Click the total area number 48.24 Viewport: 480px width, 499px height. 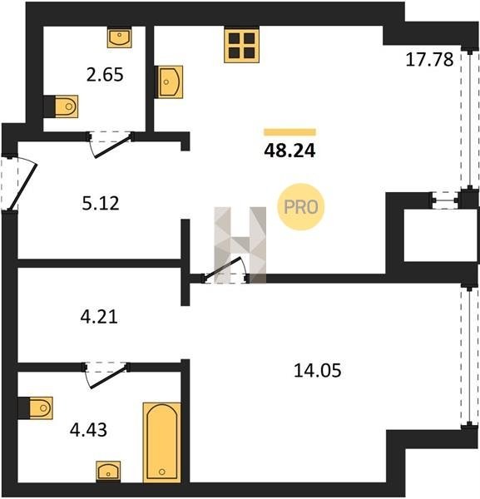click(289, 151)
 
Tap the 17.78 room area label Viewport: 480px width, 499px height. click(429, 60)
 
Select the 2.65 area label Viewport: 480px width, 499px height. click(105, 75)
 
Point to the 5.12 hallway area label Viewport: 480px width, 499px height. click(101, 204)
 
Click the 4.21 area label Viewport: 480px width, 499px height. click(99, 317)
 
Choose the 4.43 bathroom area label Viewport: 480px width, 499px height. click(88, 430)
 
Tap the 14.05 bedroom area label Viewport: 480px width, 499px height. click(317, 371)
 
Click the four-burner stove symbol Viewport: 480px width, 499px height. click(241, 45)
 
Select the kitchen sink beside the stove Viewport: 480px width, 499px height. click(169, 82)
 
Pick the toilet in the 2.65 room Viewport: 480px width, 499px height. click(61, 106)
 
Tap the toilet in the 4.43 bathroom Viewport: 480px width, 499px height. click(35, 408)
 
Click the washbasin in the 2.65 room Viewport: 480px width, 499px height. click(119, 37)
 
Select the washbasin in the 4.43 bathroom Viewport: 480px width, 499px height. click(108, 472)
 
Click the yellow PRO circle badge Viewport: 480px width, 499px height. click(301, 207)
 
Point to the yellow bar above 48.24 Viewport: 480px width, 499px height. click(289, 132)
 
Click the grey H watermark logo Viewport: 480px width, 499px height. click(240, 245)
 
